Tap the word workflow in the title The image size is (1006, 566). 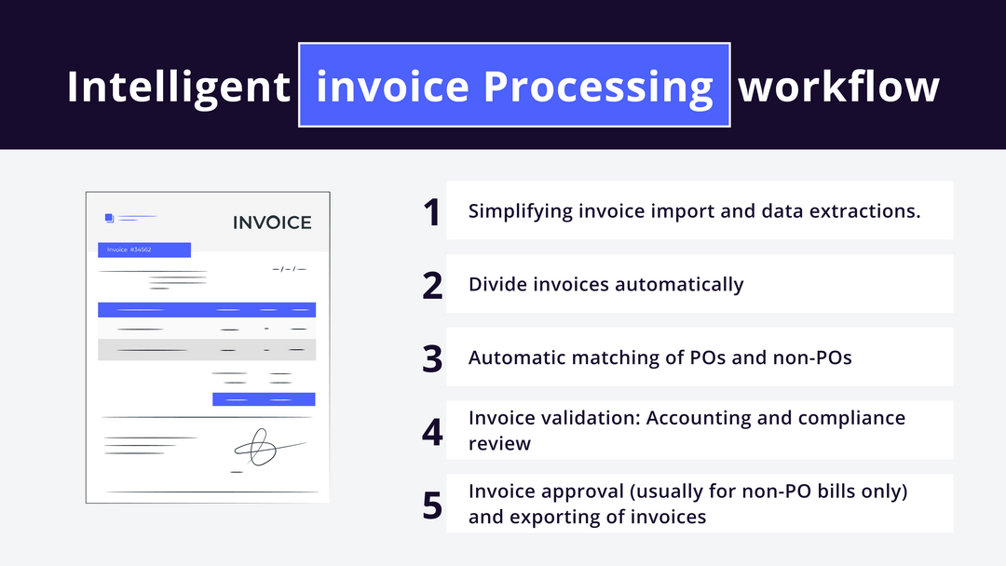pyautogui.click(x=838, y=87)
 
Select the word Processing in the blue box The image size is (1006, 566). pyautogui.click(x=598, y=87)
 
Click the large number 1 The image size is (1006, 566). pyautogui.click(x=430, y=212)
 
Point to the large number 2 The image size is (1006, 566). pyautogui.click(x=432, y=285)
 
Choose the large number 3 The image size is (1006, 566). pyautogui.click(x=432, y=358)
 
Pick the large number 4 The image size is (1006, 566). pyautogui.click(x=432, y=431)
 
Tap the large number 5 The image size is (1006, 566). pyautogui.click(x=432, y=504)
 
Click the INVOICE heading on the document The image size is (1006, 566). pyautogui.click(x=272, y=222)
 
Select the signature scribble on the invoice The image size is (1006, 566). pyautogui.click(x=261, y=448)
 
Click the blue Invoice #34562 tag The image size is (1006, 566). pyautogui.click(x=144, y=249)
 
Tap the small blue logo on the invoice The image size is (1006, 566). pyautogui.click(x=109, y=218)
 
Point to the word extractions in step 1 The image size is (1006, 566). pyautogui.click(x=870, y=210)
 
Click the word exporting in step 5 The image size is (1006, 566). pyautogui.click(x=551, y=517)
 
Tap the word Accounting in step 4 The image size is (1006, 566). pyautogui.click(x=699, y=418)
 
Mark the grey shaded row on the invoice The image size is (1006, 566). pyautogui.click(x=207, y=350)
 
